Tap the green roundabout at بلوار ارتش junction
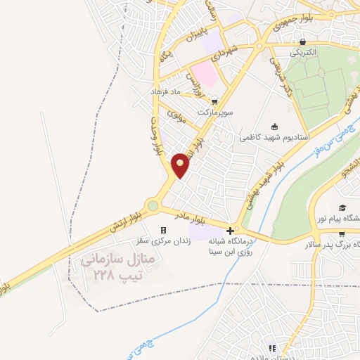click(x=153, y=206)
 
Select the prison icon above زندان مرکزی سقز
click(x=164, y=230)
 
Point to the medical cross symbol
click(x=231, y=230)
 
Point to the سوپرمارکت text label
click(x=214, y=112)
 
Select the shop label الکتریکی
click(x=302, y=53)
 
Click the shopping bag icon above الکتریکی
click(x=302, y=41)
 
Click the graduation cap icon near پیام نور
click(x=342, y=208)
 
